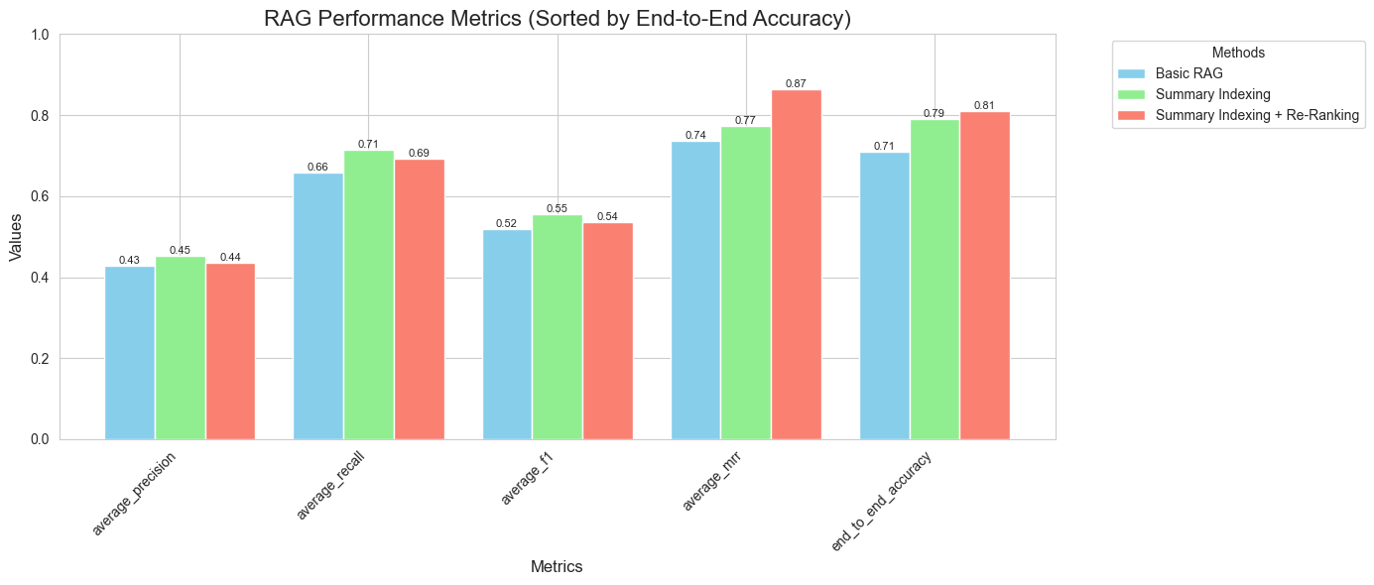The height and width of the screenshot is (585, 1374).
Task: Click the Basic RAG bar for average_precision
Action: (x=130, y=352)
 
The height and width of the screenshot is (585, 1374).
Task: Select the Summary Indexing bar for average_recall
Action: (x=368, y=294)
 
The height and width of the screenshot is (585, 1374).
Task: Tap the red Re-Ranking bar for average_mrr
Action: (x=797, y=264)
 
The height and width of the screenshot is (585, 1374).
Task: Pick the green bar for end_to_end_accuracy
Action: (x=935, y=279)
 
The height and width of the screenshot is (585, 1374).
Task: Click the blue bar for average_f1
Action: (x=507, y=334)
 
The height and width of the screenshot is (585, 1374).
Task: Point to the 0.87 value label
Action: (x=796, y=84)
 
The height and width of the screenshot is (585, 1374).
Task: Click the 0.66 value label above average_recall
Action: (x=318, y=168)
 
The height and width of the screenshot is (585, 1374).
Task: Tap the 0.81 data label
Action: (x=984, y=106)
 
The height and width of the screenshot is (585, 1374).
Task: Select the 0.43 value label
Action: (x=129, y=261)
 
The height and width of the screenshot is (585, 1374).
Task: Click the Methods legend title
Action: (x=1238, y=53)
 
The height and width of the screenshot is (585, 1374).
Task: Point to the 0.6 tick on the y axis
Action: (x=39, y=196)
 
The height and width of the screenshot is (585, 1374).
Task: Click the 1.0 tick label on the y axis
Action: (x=39, y=35)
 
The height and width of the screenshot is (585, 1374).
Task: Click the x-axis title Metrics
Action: (x=557, y=567)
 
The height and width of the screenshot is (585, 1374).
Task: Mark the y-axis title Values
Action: (x=16, y=237)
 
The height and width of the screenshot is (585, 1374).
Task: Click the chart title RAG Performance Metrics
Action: (x=558, y=18)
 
